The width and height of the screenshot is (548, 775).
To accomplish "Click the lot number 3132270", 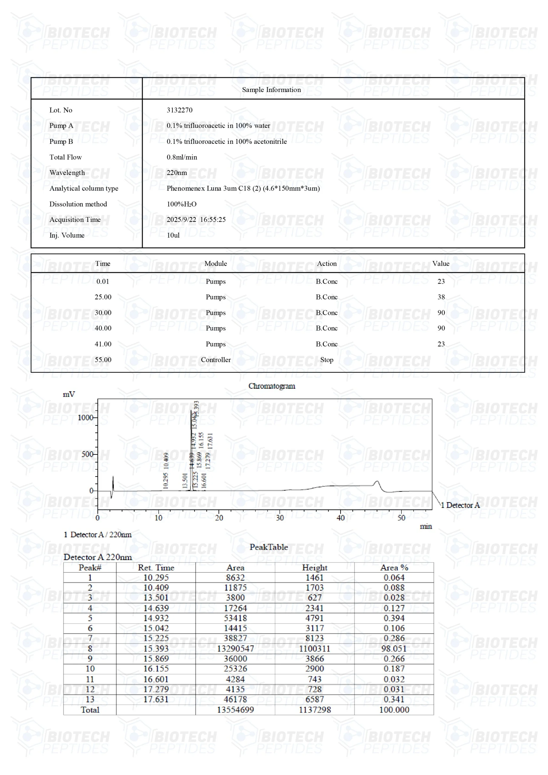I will [x=179, y=110].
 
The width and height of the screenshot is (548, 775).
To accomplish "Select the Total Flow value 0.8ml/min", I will [x=182, y=157].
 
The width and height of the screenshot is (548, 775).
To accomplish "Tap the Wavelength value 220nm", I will [x=177, y=173].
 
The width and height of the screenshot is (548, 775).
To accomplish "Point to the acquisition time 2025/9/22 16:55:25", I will [x=196, y=219].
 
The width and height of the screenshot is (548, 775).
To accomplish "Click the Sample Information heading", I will [x=271, y=89].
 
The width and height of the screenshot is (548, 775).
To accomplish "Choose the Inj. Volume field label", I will [x=67, y=235].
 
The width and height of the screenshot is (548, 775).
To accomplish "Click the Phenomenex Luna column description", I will [x=243, y=188].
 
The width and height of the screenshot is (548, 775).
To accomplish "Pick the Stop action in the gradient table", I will [x=326, y=360].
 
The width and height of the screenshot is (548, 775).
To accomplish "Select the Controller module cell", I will [x=216, y=360].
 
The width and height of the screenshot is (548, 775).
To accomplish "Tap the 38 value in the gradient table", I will [x=441, y=297].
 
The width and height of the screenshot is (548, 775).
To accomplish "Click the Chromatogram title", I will [x=272, y=386].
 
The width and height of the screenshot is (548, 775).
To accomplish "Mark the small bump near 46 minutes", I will [x=377, y=482].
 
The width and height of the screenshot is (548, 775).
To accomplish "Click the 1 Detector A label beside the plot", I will [x=460, y=505].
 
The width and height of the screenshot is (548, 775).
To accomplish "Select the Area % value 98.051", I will [x=394, y=648].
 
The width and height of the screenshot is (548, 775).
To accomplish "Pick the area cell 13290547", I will [x=235, y=648].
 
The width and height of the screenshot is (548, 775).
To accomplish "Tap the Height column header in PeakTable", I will [x=314, y=567].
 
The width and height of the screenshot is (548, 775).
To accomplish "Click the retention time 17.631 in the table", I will [x=156, y=699].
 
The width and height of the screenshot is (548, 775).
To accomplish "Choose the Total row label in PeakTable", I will [x=90, y=710].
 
